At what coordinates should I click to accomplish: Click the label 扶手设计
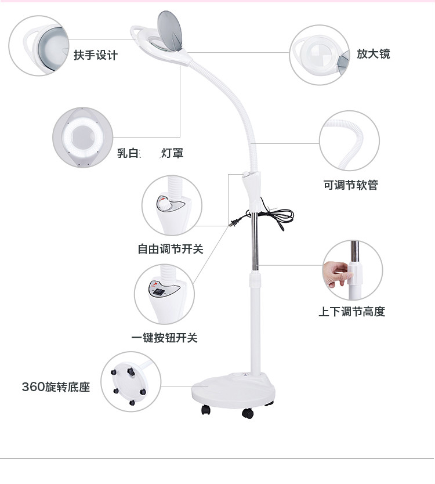(96, 56)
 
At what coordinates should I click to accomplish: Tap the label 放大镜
(373, 54)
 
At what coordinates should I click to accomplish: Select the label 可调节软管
(350, 185)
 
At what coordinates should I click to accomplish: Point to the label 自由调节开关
(171, 249)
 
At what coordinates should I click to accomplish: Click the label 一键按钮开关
(164, 338)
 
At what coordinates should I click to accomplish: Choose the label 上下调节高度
(351, 312)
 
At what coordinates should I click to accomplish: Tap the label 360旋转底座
(56, 387)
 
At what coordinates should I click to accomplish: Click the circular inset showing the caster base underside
(130, 382)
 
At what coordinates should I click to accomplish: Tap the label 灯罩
(172, 154)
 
